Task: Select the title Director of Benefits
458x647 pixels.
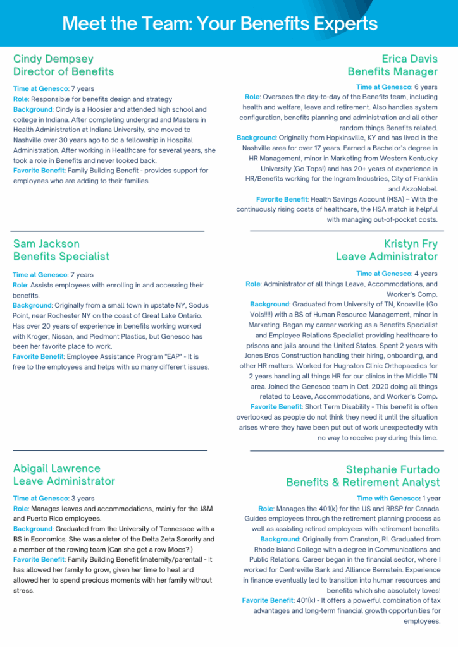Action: (x=63, y=71)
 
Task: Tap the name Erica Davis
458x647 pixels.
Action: (x=409, y=59)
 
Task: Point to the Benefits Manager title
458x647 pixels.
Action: (x=392, y=71)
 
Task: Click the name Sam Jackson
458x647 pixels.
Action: (x=46, y=243)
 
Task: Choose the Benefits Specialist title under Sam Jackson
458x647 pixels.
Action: (x=61, y=256)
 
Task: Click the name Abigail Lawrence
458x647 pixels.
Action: (x=57, y=468)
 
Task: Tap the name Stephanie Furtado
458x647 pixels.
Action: (x=393, y=469)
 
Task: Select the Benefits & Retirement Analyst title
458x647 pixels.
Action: (x=362, y=482)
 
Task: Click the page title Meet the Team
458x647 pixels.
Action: (x=220, y=24)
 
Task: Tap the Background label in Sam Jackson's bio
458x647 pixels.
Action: (x=32, y=306)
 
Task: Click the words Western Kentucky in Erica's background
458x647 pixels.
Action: (x=405, y=158)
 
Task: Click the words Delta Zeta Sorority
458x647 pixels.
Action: (x=159, y=539)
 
